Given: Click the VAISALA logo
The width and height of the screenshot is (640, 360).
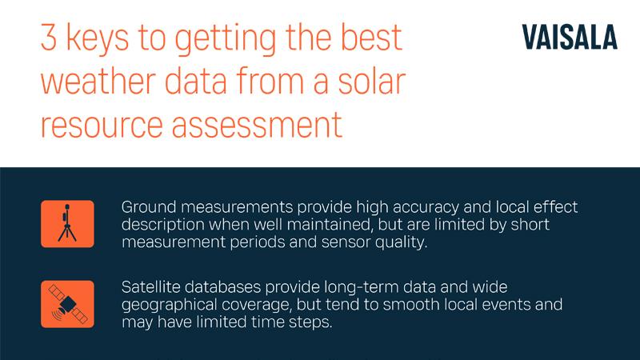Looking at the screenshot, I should [x=569, y=38].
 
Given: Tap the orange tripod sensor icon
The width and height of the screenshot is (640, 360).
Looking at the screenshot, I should [x=67, y=223].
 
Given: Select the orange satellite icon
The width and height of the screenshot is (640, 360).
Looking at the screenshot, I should [x=67, y=304].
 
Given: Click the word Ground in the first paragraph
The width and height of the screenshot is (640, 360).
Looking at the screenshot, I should [x=146, y=207].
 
